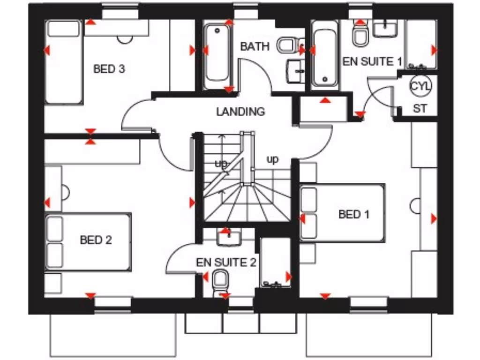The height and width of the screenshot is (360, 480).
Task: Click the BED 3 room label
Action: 109,69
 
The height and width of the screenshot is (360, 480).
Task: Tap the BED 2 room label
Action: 96,240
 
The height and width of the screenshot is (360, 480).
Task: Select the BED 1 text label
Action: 353,215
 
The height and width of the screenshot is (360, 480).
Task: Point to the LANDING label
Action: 240,112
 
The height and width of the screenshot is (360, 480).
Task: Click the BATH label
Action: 255,46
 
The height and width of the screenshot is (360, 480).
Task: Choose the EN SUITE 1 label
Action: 373,61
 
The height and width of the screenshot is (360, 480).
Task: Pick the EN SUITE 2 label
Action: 226,262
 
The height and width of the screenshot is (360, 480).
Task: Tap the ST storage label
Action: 420,109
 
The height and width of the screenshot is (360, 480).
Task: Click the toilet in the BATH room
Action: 285,46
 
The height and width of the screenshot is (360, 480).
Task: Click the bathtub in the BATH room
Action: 217,54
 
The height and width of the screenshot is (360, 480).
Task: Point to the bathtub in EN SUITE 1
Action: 325,58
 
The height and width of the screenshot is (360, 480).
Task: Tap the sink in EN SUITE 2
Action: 229,238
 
